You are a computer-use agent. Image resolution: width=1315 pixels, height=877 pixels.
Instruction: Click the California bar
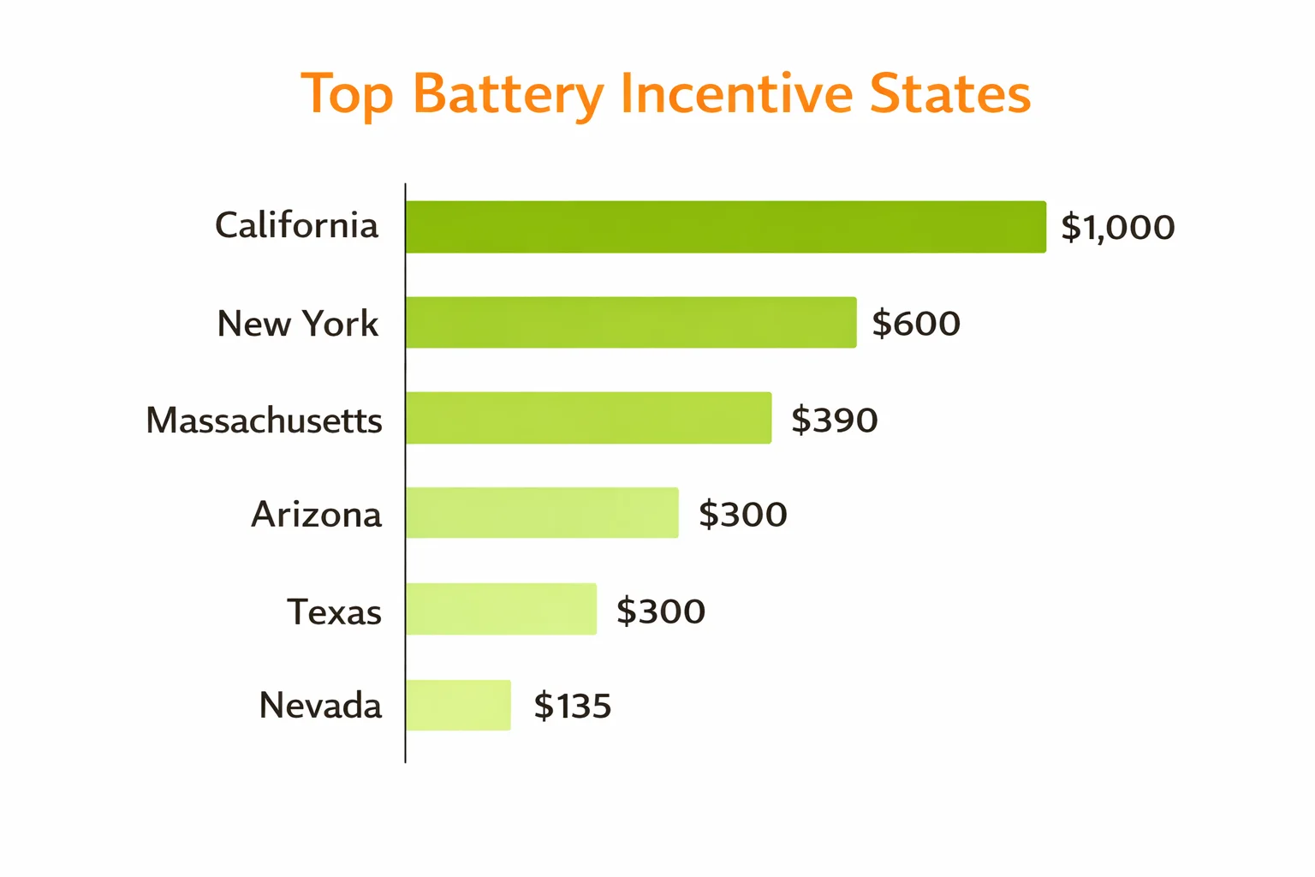[726, 227]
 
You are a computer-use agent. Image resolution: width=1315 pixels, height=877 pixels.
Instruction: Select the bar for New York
[631, 323]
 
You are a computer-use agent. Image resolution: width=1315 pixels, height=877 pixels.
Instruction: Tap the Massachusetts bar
[589, 418]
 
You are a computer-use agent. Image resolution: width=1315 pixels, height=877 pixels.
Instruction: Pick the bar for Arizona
[542, 513]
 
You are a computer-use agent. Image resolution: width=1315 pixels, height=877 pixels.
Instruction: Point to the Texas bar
[501, 609]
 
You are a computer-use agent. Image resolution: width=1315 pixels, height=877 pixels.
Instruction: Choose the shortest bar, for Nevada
[458, 705]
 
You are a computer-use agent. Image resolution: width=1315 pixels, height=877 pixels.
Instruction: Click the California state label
[296, 226]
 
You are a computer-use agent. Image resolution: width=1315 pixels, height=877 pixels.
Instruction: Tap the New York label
[297, 324]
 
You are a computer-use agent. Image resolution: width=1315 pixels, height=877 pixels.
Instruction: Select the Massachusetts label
[264, 421]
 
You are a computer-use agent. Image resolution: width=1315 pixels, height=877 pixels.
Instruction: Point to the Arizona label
[316, 515]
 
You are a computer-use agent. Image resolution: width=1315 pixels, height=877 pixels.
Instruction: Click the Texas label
[334, 612]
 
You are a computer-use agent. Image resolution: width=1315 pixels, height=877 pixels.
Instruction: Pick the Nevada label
[320, 706]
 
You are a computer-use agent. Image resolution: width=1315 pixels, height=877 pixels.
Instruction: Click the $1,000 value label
[1117, 228]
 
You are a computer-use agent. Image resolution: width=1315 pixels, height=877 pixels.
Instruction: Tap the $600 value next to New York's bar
[915, 324]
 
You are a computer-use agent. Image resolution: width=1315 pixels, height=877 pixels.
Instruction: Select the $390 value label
[834, 421]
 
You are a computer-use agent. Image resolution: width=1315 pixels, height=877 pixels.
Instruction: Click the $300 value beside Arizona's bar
[742, 515]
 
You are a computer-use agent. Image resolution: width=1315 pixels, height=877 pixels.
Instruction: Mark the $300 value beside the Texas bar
[660, 612]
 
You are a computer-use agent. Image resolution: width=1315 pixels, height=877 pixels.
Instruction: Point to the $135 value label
[572, 707]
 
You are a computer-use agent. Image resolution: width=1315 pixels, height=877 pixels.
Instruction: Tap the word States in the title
[949, 93]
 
